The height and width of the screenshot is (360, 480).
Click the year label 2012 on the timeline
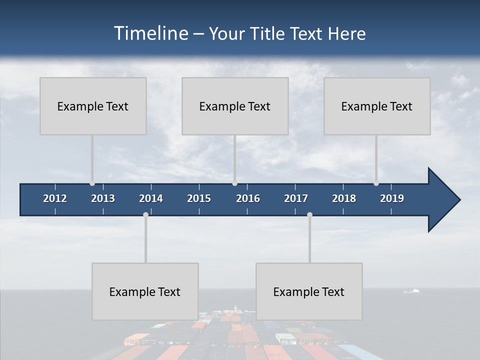tap(55, 198)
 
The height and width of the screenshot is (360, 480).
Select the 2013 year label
tap(103, 198)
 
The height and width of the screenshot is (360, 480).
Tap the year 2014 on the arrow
tap(151, 198)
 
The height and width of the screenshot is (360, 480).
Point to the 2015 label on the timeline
tap(199, 198)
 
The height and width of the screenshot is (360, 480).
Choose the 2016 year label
tap(248, 198)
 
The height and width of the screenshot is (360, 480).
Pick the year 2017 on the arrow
tap(296, 198)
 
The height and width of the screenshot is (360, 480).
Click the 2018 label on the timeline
tap(344, 198)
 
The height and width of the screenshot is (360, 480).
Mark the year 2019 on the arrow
tap(392, 198)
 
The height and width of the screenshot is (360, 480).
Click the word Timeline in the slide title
tap(149, 33)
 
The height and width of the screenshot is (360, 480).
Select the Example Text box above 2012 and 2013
tap(93, 106)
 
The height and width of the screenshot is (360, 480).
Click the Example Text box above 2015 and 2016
tap(235, 106)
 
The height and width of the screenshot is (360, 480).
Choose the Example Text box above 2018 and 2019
tap(377, 106)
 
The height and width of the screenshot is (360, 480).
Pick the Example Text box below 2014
tap(145, 291)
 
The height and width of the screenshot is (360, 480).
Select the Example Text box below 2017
tap(309, 291)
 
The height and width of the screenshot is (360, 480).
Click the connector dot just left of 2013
tap(92, 183)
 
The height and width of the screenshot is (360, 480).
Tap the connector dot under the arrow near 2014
tap(145, 215)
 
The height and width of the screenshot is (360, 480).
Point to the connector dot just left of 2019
tap(376, 183)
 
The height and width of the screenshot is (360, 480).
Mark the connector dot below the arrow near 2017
tap(309, 215)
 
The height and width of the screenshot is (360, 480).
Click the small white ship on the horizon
tap(412, 290)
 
